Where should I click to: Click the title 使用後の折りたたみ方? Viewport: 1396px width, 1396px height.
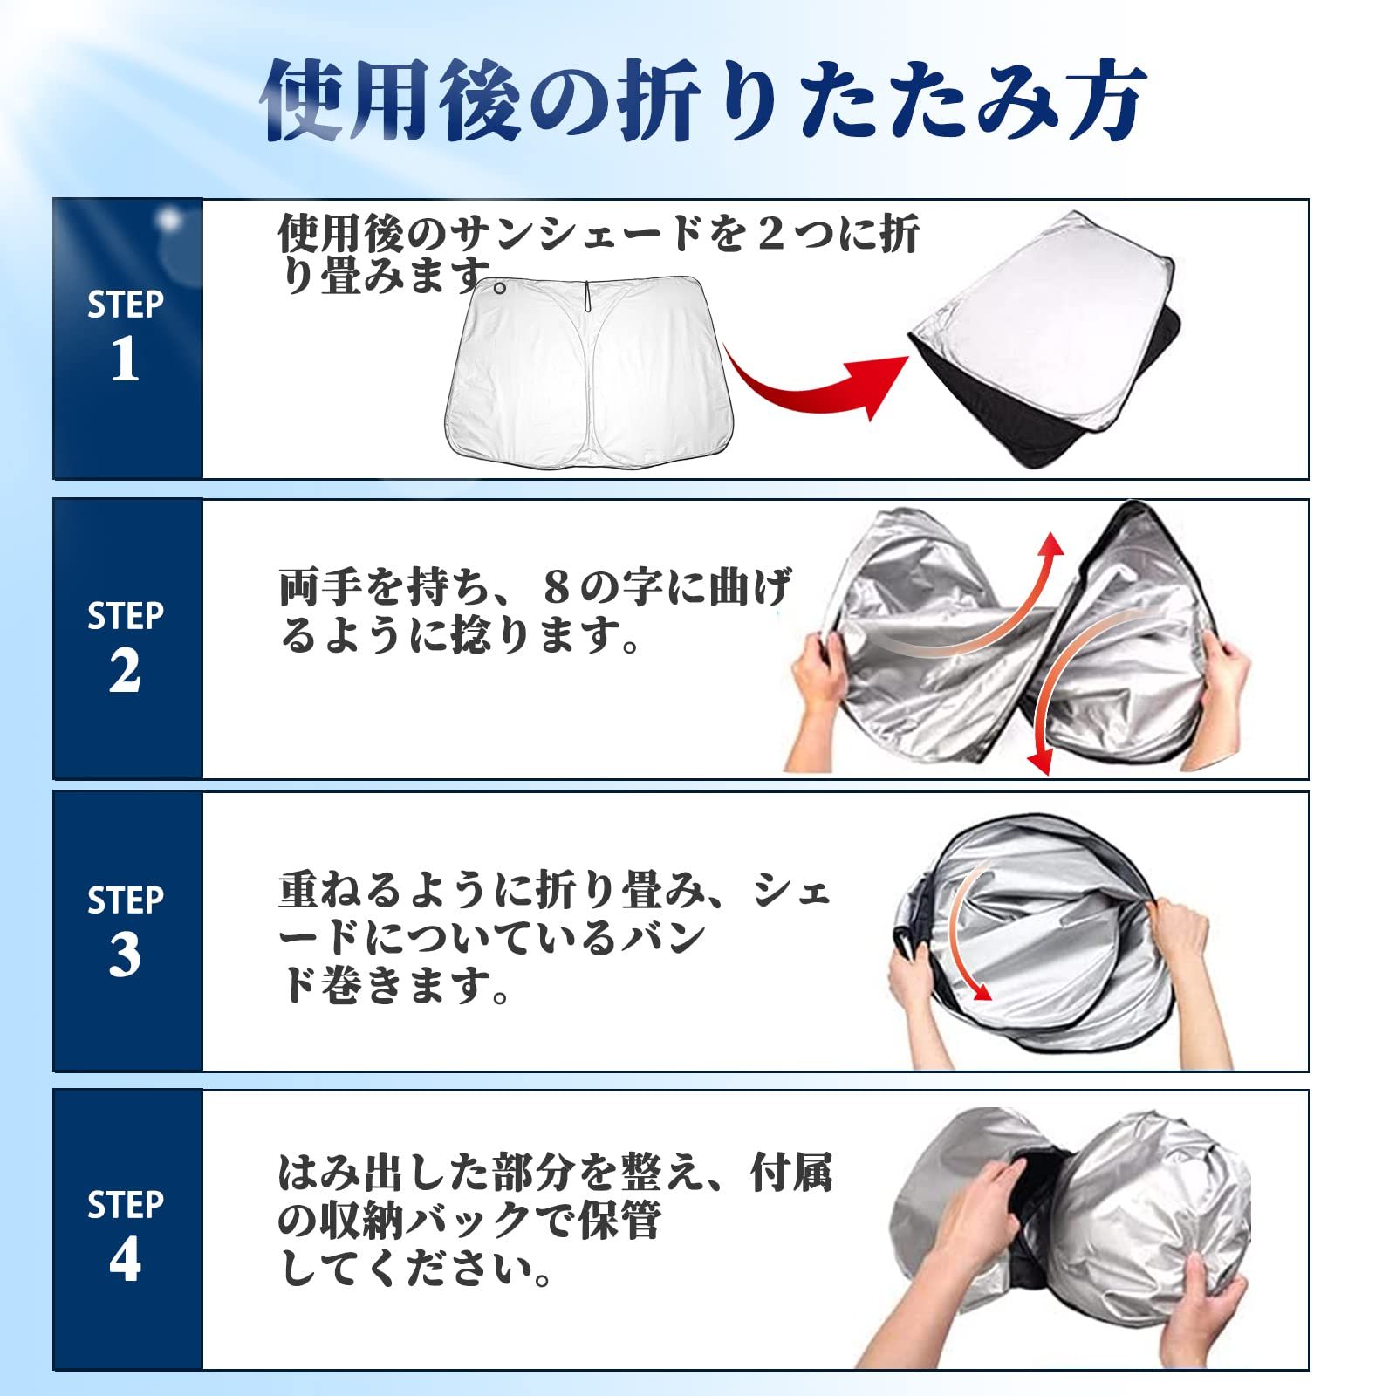[x=703, y=101]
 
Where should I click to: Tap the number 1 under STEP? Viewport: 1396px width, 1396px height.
[x=125, y=359]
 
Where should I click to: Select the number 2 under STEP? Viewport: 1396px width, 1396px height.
[x=125, y=672]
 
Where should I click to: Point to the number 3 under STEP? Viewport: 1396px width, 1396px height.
[x=125, y=955]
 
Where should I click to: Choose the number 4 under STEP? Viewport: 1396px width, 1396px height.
[x=125, y=1260]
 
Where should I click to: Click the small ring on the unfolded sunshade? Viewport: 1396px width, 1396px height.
[x=500, y=288]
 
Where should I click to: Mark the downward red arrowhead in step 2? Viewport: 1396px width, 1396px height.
[x=1037, y=763]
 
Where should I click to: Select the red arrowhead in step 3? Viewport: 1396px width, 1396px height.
[x=982, y=992]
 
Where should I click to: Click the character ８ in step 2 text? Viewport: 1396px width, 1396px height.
[x=556, y=589]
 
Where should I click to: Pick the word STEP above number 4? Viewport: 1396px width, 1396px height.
[x=125, y=1205]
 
